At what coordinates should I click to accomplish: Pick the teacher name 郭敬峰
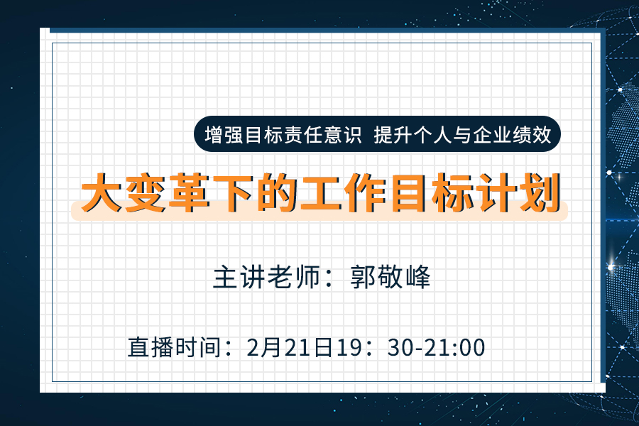click(x=391, y=277)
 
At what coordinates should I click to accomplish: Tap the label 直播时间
click(x=173, y=347)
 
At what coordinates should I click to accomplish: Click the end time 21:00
click(x=455, y=347)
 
